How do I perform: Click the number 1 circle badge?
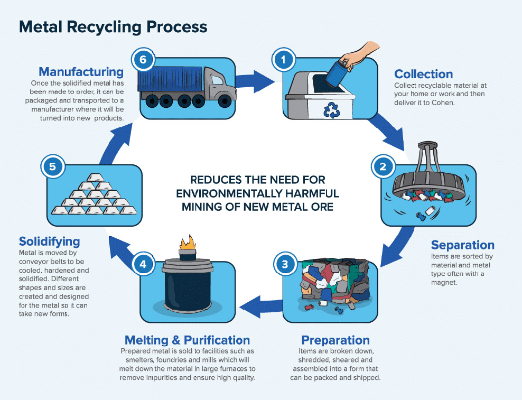[x=284, y=60]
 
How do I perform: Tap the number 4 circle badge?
[x=143, y=264]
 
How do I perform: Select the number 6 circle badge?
[x=143, y=60]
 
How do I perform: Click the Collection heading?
[x=423, y=74]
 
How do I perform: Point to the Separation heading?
[x=462, y=245]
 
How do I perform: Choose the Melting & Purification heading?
[x=187, y=340]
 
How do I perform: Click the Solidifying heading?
[x=49, y=241]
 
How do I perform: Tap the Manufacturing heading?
[x=81, y=72]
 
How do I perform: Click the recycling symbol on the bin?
[x=332, y=110]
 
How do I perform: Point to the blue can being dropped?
[x=337, y=73]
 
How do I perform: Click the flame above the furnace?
[x=188, y=243]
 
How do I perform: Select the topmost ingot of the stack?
[x=96, y=177]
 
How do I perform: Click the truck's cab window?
[x=217, y=80]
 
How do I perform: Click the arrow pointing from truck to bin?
[x=255, y=81]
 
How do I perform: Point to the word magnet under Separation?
[x=444, y=283]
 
